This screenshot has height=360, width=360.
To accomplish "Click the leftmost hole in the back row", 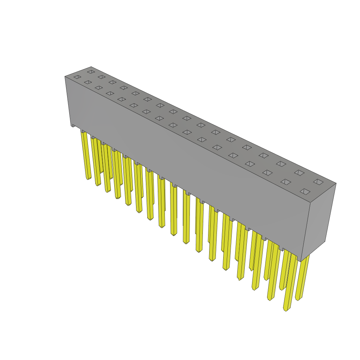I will click(91, 72).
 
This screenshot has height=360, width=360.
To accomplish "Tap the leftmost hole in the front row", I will click(77, 77).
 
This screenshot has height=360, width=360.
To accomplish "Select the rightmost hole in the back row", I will click(318, 182).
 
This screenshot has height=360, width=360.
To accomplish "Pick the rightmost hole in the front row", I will click(305, 192).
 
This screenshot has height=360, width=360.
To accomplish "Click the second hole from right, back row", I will click(299, 173).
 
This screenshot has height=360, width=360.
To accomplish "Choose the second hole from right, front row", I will click(285, 182).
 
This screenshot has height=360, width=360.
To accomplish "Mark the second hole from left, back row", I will click(102, 77).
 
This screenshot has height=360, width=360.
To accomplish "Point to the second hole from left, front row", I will click(88, 82).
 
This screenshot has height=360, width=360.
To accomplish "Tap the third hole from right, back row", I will click(281, 164).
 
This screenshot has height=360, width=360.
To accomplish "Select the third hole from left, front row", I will click(99, 88).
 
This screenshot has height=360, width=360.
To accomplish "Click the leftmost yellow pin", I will click(86, 155).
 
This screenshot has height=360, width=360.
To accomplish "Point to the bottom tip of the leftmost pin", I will click(88, 178).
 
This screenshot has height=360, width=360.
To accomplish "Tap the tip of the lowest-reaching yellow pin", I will click(286, 310).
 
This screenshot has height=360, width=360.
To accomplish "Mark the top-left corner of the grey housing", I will click(65, 77).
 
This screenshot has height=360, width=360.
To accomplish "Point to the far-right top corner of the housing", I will click(336, 183).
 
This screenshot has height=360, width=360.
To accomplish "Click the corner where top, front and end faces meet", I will click(310, 202).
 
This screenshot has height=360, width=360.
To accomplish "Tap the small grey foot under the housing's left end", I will click(73, 125).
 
